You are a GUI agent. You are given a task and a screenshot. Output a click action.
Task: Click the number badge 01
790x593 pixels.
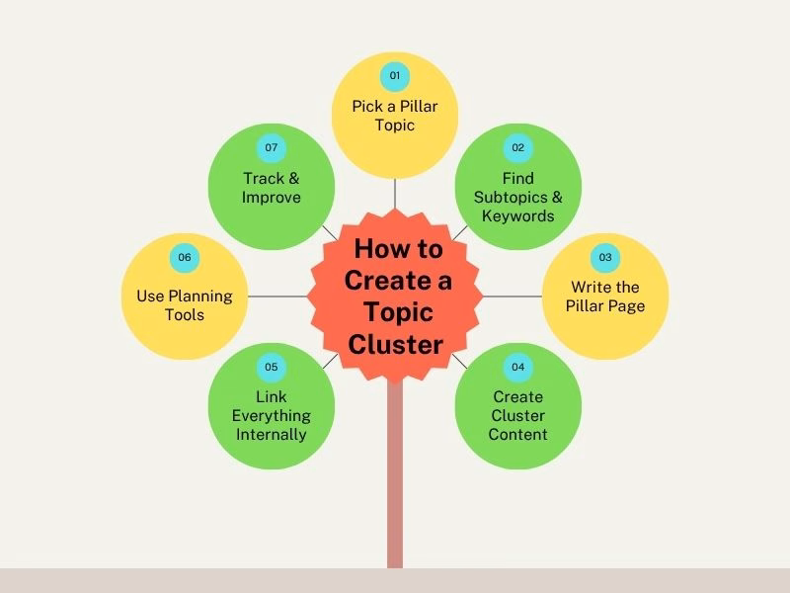(395, 75)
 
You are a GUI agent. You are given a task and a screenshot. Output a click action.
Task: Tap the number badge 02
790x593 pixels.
(517, 148)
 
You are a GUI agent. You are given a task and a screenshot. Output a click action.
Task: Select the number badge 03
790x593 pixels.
(605, 258)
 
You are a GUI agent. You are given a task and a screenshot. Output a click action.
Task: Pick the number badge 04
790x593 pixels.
(517, 368)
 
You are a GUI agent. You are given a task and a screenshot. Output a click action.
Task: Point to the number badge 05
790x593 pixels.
(272, 368)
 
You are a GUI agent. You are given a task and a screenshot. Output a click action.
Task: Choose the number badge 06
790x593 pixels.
(185, 258)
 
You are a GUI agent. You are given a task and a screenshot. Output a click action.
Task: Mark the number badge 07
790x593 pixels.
(272, 148)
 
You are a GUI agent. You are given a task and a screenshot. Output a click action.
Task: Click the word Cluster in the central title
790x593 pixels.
(395, 344)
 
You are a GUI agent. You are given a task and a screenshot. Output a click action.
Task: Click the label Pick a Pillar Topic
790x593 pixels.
(395, 116)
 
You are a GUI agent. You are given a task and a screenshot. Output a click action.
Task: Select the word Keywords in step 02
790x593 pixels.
(517, 215)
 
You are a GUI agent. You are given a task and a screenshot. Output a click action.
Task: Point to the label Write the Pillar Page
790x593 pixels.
(605, 296)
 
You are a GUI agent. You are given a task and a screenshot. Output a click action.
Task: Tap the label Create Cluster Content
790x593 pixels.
(517, 415)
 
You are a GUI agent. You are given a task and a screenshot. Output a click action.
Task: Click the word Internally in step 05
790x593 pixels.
(272, 434)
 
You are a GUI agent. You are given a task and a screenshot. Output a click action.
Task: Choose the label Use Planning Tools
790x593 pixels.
(185, 305)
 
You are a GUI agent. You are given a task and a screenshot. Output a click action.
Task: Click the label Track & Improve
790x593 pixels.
(272, 188)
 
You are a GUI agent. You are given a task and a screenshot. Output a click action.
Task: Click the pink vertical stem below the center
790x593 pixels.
(395, 474)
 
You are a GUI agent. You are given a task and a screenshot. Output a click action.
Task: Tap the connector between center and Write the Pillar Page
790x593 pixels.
(512, 296)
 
